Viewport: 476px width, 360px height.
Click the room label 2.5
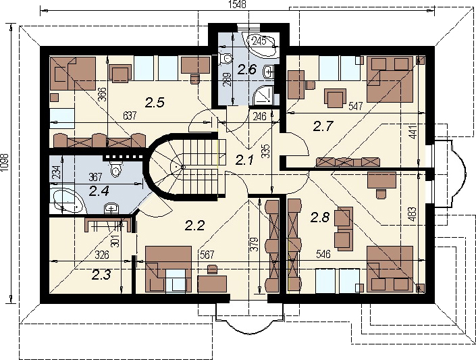click(x=155, y=103)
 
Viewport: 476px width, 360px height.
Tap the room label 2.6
click(x=247, y=70)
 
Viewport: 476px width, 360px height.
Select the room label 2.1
click(x=244, y=160)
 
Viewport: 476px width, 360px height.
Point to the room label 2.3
click(x=101, y=275)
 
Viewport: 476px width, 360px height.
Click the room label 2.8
click(x=320, y=217)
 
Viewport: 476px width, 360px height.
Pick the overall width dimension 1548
click(x=237, y=5)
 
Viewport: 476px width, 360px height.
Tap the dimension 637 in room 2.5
click(x=130, y=115)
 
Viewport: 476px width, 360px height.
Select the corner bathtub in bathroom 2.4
click(x=68, y=201)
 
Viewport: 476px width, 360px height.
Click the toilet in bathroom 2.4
click(x=116, y=169)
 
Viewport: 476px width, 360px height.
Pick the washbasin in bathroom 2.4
click(x=111, y=209)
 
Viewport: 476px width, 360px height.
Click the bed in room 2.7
click(x=390, y=79)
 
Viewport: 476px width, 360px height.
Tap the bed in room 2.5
click(x=73, y=73)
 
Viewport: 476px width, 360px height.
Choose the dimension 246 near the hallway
click(x=259, y=116)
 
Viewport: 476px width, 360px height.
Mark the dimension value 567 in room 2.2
click(x=207, y=255)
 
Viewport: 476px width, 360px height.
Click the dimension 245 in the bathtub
click(x=259, y=41)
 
